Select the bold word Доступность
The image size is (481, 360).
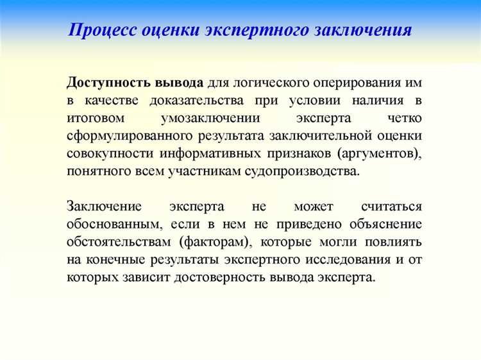109,84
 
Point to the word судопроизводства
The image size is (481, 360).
309,173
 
